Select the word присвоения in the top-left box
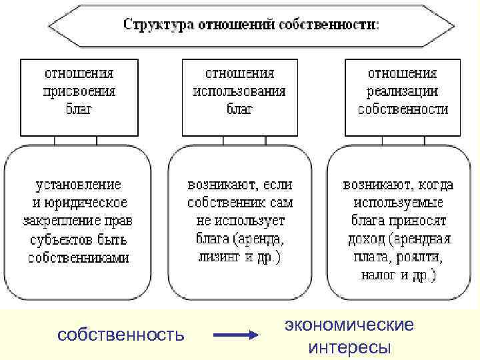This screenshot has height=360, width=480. pyautogui.click(x=79, y=91)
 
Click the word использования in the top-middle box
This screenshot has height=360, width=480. pyautogui.click(x=239, y=91)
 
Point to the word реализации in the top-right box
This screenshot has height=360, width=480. pyautogui.click(x=403, y=91)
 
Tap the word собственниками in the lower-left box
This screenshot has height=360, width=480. pyautogui.click(x=79, y=258)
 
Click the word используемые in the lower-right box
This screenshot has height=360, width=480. pyautogui.click(x=397, y=202)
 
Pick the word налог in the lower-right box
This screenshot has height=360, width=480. pyautogui.click(x=378, y=275)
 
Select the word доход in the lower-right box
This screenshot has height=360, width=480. pyautogui.click(x=366, y=239)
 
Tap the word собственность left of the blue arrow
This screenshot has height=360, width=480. pyautogui.click(x=121, y=333)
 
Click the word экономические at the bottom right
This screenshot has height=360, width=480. pyautogui.click(x=349, y=325)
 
